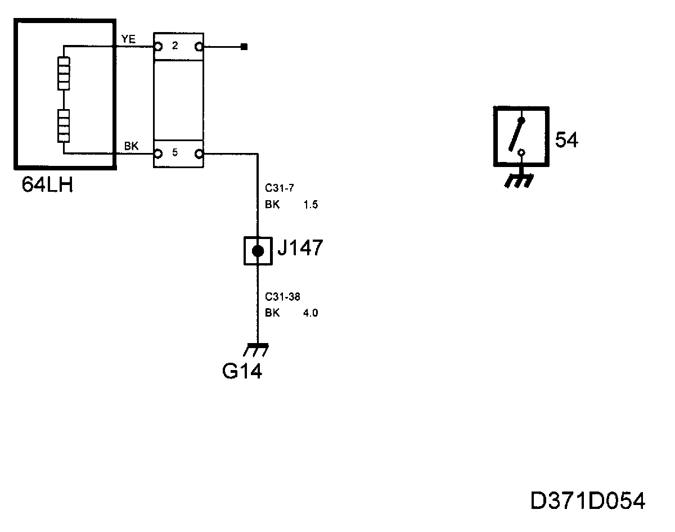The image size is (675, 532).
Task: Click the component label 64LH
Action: pos(47,184)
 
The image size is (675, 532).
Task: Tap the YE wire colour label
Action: pos(128,39)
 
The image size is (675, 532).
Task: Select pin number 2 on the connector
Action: pos(175,46)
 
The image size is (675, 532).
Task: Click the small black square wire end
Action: pos(244,47)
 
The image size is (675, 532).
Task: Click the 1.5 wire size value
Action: pos(310,205)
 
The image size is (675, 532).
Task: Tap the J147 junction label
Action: pos(300,248)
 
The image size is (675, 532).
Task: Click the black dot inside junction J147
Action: pos(258,251)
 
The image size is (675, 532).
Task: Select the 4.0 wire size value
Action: pos(310,313)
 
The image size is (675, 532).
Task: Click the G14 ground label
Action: pos(242,371)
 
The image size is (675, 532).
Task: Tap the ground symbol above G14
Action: pos(256,349)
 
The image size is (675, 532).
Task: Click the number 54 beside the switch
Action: pos(566,140)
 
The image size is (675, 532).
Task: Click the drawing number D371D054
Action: pos(588,501)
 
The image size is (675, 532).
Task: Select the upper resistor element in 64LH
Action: pos(64,74)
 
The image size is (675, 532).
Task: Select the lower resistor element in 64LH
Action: pos(64,125)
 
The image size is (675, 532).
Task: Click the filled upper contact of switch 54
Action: pos(521,120)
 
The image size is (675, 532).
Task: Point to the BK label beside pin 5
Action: pos(131,146)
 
